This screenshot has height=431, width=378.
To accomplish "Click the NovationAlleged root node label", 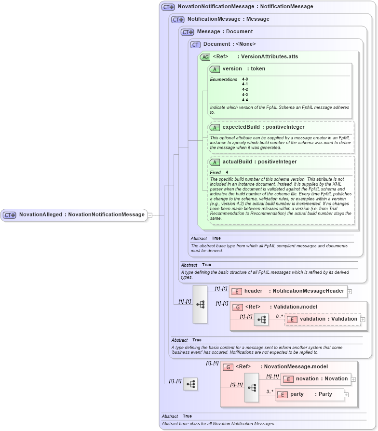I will (81, 215).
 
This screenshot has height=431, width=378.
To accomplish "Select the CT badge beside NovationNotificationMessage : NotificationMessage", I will (168, 7).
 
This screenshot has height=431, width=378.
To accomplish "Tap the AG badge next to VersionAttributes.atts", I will (205, 57).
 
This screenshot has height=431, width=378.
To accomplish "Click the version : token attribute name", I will (243, 69).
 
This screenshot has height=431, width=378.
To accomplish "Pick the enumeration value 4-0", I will (245, 79).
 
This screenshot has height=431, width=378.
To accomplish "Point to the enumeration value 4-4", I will (245, 100).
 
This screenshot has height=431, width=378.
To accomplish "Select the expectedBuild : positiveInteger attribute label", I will (263, 127).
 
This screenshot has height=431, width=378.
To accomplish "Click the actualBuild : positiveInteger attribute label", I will (259, 162).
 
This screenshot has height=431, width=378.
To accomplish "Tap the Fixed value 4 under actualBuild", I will (227, 173).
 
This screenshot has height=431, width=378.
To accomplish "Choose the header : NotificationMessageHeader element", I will (288, 291).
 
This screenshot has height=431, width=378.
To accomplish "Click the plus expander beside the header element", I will (350, 292).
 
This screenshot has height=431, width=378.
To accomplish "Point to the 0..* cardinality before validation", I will (279, 316).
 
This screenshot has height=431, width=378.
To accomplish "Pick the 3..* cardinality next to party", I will (270, 391).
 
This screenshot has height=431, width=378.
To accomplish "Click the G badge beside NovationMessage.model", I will (228, 367).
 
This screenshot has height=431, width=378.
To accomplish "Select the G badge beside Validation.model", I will (238, 307).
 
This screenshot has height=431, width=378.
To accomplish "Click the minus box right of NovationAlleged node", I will (150, 215).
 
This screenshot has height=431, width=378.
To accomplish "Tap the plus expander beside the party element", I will (346, 395).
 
